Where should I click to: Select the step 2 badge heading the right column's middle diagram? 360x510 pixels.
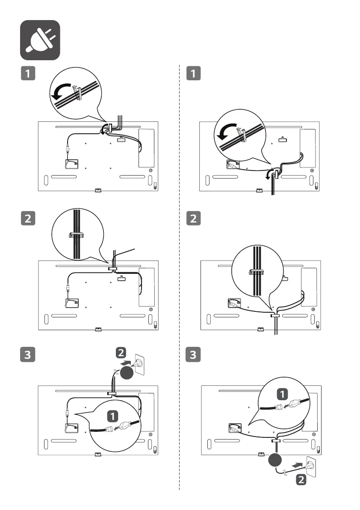[193, 219]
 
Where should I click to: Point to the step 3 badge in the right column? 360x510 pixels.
[193, 354]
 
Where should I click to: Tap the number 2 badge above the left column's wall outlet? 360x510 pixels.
[121, 352]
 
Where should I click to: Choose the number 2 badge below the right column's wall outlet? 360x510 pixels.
[301, 480]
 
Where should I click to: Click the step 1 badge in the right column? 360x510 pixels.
[193, 73]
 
